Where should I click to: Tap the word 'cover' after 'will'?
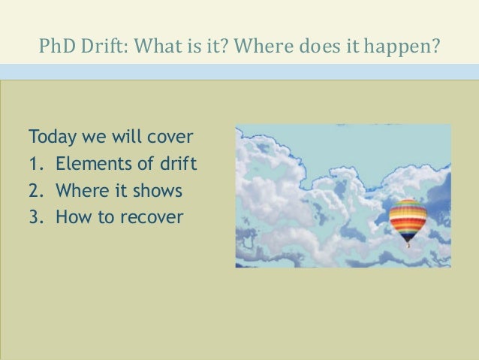171,138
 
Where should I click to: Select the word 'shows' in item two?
158,191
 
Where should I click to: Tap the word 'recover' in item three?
155,217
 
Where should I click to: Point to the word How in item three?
73,217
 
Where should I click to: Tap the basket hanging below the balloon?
408,243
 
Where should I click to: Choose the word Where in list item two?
80,191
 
